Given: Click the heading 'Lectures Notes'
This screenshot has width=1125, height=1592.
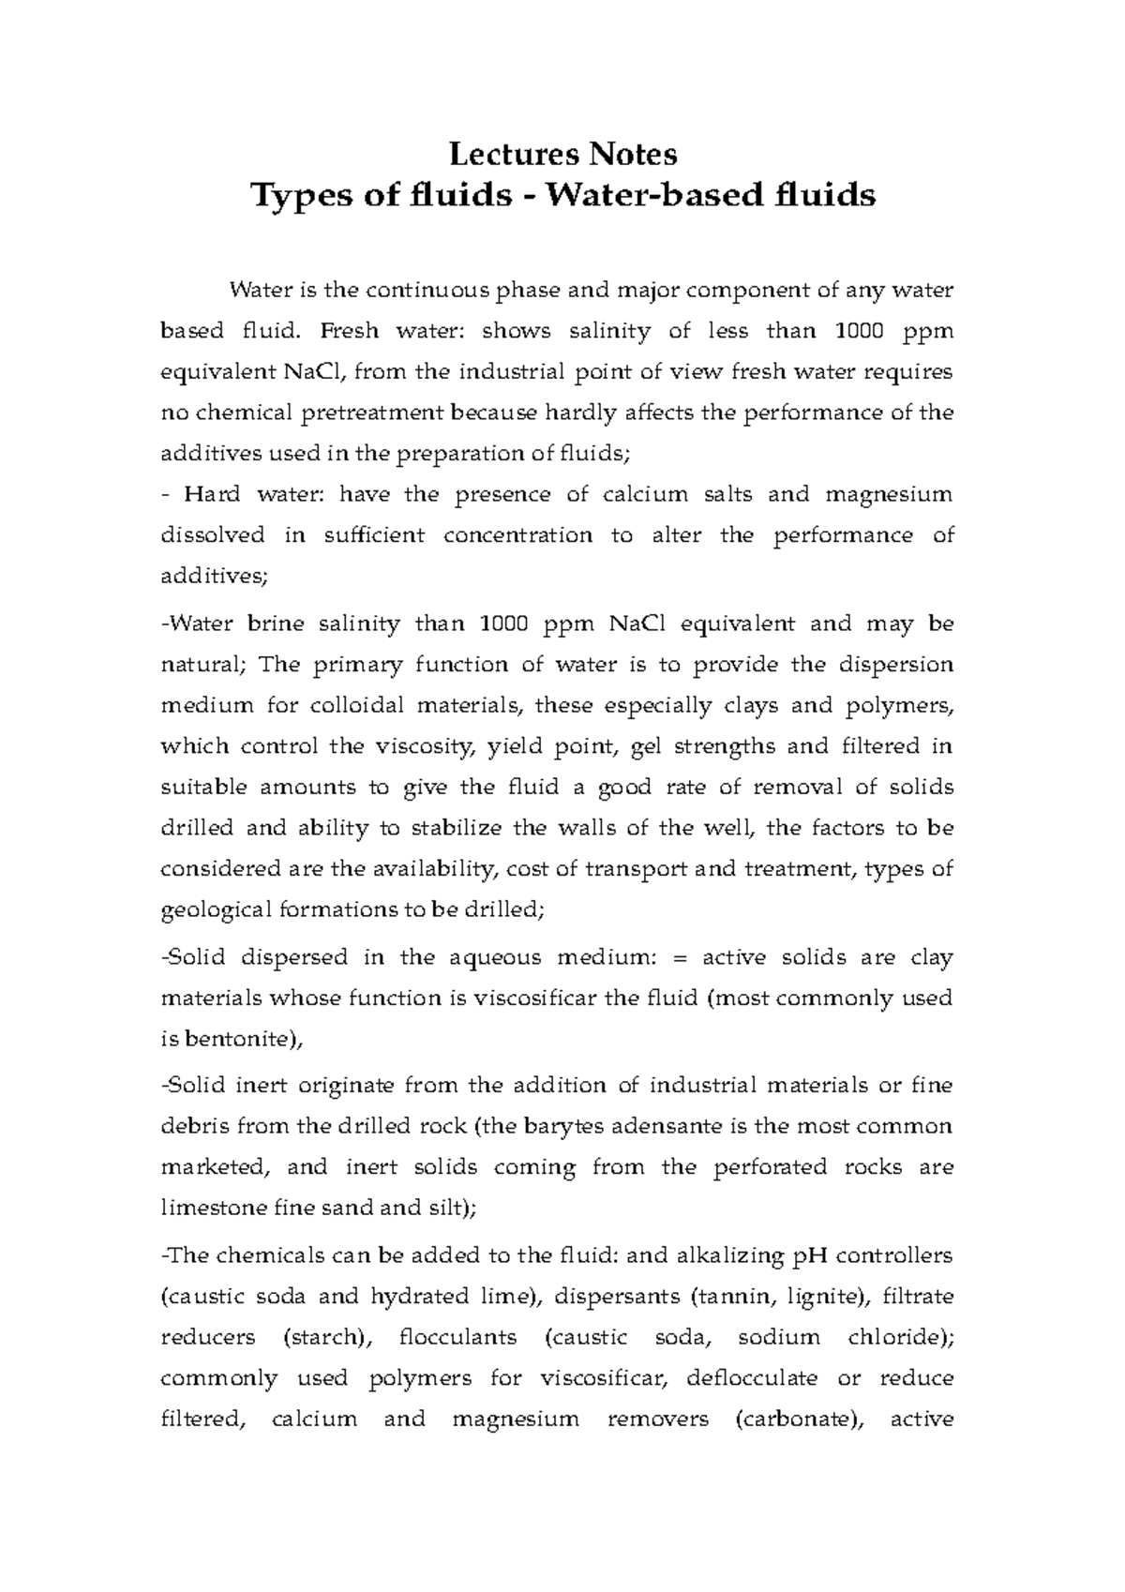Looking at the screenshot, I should pyautogui.click(x=562, y=152).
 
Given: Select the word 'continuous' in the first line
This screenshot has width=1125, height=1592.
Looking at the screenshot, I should pyautogui.click(x=427, y=290).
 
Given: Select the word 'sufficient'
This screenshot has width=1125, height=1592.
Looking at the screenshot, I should pyautogui.click(x=374, y=535).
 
